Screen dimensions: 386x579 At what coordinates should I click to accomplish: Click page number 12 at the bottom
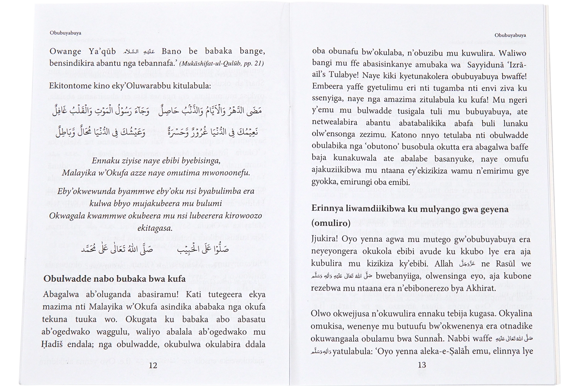tap(153, 365)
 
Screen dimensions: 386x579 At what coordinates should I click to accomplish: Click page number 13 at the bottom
tap(422, 365)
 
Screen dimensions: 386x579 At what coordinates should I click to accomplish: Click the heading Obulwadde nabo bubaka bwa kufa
tap(115, 278)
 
